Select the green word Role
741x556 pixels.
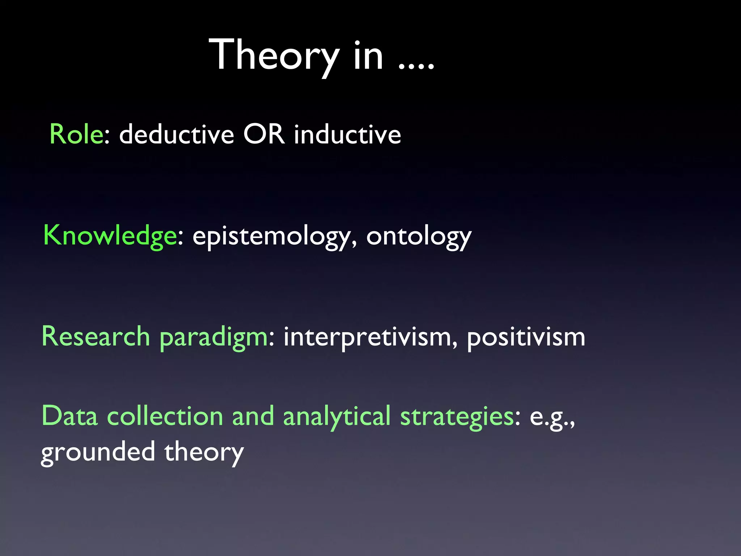pos(77,134)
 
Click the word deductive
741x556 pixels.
pos(177,134)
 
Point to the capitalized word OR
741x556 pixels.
pos(264,134)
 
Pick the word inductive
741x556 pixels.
pos(347,134)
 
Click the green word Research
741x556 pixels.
pos(96,337)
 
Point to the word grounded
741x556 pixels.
pos(98,452)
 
